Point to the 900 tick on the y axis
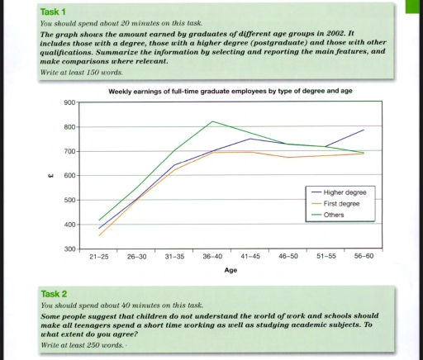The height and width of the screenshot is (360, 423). [70, 102]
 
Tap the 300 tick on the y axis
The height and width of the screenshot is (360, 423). [70, 249]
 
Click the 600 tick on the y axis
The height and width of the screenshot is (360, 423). [70, 176]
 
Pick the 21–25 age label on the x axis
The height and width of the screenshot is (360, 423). [99, 257]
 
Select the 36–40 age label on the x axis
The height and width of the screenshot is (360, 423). [213, 257]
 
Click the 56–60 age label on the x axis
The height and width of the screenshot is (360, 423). [364, 257]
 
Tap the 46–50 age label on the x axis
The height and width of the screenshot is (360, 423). [289, 257]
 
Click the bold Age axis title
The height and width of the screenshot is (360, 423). [231, 270]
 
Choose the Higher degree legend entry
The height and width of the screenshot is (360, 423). [346, 192]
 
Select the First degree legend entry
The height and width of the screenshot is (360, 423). [343, 203]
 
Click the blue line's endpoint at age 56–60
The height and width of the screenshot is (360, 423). [364, 130]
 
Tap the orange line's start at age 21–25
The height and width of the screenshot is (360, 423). [99, 236]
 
